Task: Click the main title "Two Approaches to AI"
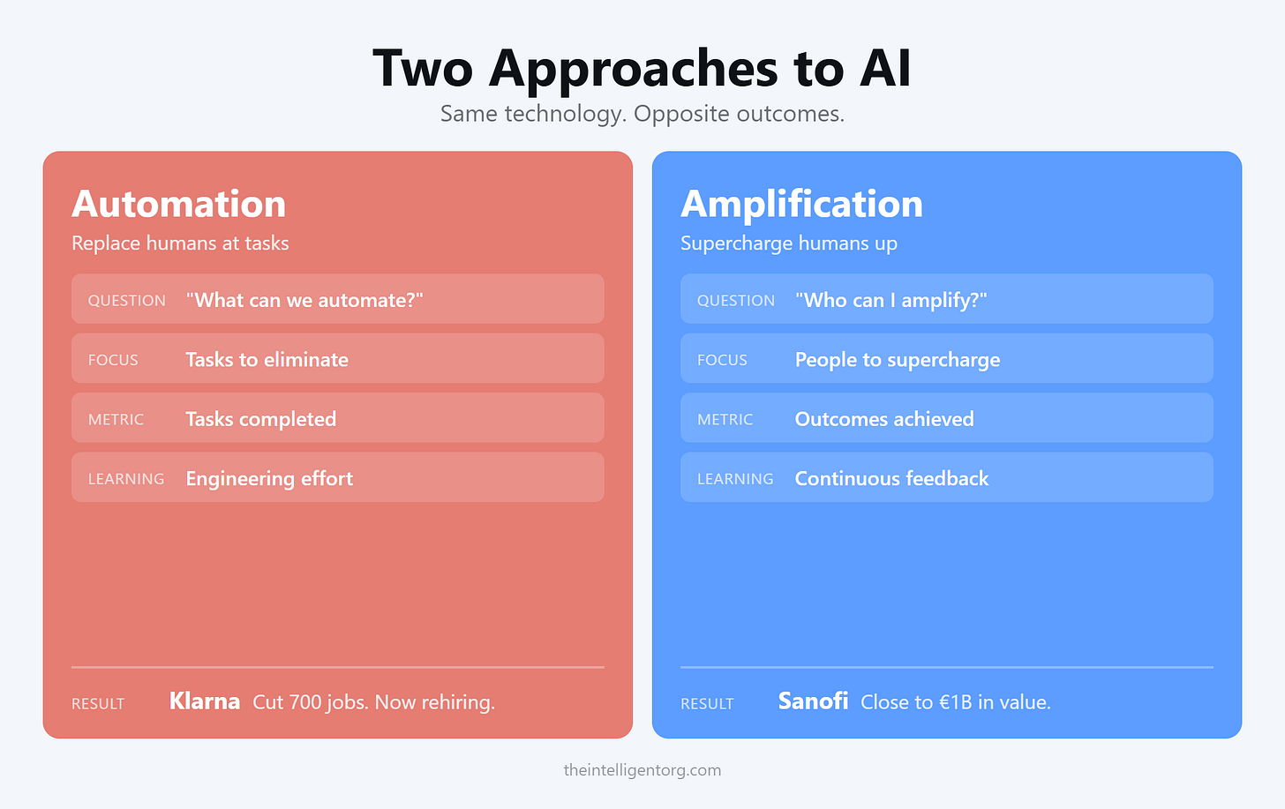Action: [642, 68]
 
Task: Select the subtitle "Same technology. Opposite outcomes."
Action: [642, 114]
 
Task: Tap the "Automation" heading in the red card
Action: [178, 205]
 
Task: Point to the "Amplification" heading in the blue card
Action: [801, 205]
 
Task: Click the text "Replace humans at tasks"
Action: [180, 243]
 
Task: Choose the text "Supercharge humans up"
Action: [788, 243]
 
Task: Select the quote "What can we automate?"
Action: [304, 300]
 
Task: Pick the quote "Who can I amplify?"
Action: [890, 300]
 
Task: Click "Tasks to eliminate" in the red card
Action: [267, 360]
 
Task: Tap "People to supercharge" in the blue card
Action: [898, 360]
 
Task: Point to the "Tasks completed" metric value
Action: [260, 419]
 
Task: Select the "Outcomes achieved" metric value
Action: [884, 419]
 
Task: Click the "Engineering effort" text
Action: [269, 478]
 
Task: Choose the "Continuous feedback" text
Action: [891, 478]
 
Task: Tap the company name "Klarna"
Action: [205, 701]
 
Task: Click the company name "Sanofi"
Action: [813, 701]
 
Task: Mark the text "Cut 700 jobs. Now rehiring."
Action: [373, 702]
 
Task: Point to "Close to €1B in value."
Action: [956, 702]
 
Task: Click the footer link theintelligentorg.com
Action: [642, 770]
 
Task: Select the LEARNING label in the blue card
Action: [735, 479]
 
